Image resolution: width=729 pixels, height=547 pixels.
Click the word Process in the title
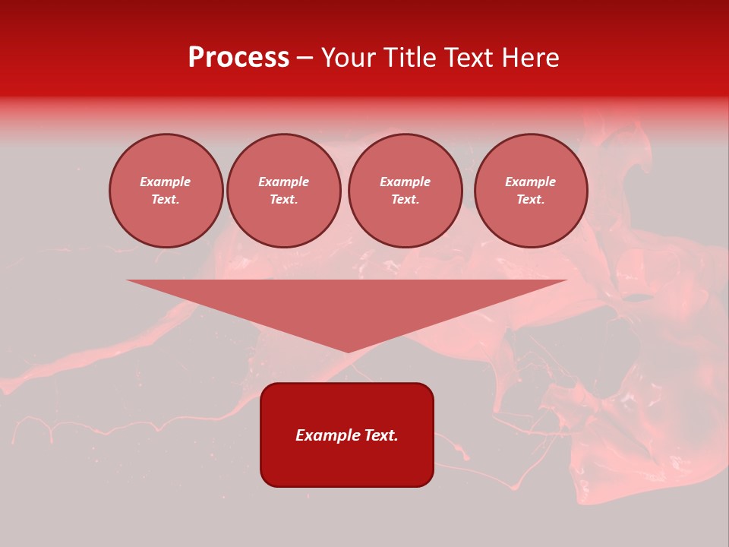pyautogui.click(x=238, y=58)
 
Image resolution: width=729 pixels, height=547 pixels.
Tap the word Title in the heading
pyautogui.click(x=409, y=58)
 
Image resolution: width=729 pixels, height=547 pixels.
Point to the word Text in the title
pyautogui.click(x=469, y=58)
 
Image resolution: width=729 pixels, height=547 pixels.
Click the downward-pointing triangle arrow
pyautogui.click(x=347, y=304)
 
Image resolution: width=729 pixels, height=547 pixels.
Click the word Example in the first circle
pyautogui.click(x=166, y=182)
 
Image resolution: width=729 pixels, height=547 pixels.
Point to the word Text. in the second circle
pyautogui.click(x=283, y=199)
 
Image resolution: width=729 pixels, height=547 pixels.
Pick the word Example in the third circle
pyautogui.click(x=405, y=182)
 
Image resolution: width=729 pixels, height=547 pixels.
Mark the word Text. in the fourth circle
pyautogui.click(x=530, y=199)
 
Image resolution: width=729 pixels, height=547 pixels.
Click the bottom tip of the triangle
pyautogui.click(x=347, y=350)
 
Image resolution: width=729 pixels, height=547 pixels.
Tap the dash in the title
pyautogui.click(x=305, y=58)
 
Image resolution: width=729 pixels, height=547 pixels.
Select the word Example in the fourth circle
pyautogui.click(x=530, y=182)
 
